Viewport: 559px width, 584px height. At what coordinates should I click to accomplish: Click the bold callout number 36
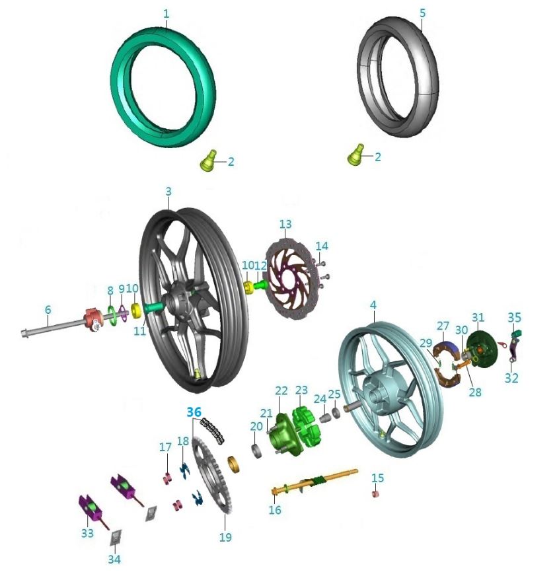point(194,412)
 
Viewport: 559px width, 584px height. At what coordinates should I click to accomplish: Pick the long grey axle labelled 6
point(52,326)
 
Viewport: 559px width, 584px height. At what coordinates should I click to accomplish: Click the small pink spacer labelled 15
point(375,494)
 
